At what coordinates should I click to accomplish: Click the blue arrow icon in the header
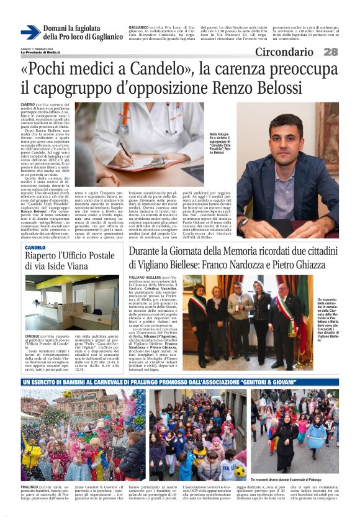click(x=30, y=32)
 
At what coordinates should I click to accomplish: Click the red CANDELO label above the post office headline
click(x=35, y=247)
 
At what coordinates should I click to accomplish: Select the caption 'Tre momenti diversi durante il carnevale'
click(x=294, y=480)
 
